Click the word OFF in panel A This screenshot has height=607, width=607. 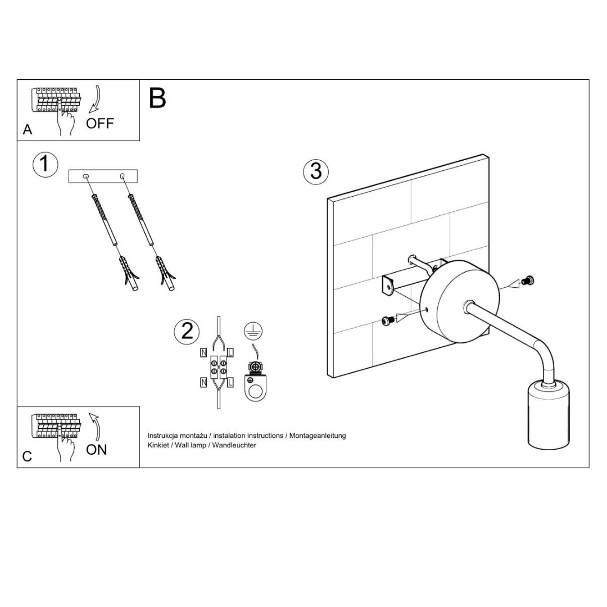100,124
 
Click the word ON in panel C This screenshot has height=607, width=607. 97,450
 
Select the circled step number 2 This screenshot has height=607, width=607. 187,332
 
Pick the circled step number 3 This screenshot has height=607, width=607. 316,171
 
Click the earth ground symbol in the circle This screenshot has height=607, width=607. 253,331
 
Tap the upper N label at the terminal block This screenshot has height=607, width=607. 203,352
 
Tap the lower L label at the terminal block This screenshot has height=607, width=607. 231,383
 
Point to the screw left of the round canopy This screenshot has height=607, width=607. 387,320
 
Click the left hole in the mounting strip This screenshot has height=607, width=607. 86,176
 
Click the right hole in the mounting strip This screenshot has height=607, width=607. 123,176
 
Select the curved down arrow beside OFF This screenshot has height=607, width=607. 95,99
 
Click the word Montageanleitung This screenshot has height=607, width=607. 318,436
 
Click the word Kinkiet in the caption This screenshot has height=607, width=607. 158,445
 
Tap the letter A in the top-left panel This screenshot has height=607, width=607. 28,129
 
